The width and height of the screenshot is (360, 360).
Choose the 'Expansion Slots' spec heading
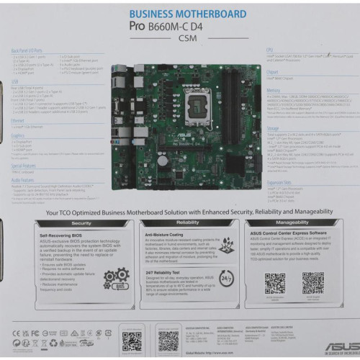tap(279, 183)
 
